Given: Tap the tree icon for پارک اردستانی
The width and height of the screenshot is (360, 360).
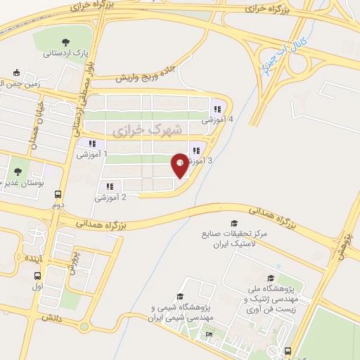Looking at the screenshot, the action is pyautogui.click(x=66, y=42).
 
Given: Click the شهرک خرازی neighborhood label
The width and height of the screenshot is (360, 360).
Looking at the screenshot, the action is pyautogui.click(x=147, y=129).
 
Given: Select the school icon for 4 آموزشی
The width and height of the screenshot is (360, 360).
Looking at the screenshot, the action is pyautogui.click(x=217, y=110).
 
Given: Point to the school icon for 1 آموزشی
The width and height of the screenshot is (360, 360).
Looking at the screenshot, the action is pyautogui.click(x=92, y=143).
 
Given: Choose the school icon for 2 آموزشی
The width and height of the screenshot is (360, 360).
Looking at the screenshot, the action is pyautogui.click(x=110, y=186).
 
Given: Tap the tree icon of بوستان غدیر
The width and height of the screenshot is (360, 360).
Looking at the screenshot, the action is pyautogui.click(x=18, y=171).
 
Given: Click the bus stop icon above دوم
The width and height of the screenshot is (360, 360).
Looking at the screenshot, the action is pyautogui.click(x=58, y=195).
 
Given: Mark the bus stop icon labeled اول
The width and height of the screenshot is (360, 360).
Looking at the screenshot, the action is pyautogui.click(x=37, y=276).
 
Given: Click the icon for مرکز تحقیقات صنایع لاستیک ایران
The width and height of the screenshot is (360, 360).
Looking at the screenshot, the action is pyautogui.click(x=224, y=224).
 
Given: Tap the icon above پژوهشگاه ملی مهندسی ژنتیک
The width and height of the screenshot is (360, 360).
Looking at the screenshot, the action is pyautogui.click(x=271, y=278).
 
